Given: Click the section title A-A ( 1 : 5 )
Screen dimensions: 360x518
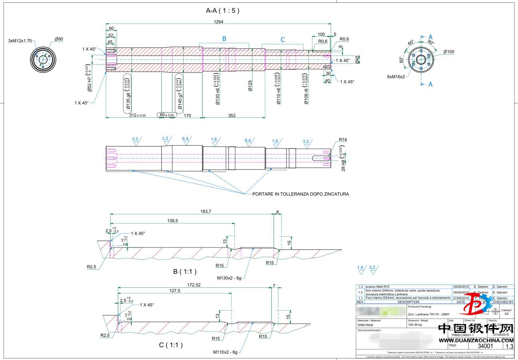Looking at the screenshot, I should pyautogui.click(x=222, y=11).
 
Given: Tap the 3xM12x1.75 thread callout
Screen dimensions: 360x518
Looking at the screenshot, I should pyautogui.click(x=20, y=41).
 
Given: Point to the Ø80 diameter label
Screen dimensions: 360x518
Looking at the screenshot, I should pyautogui.click(x=59, y=39).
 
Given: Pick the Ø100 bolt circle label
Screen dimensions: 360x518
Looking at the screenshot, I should pyautogui.click(x=449, y=52).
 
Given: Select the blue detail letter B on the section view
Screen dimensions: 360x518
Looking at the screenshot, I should pyautogui.click(x=224, y=39).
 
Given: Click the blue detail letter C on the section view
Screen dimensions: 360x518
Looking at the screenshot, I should pyautogui.click(x=283, y=40).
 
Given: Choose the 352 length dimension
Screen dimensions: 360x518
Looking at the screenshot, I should pyautogui.click(x=232, y=116).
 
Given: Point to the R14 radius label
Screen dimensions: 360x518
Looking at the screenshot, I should pyautogui.click(x=343, y=140).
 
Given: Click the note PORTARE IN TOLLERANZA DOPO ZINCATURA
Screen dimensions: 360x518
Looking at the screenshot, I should pyautogui.click(x=300, y=194).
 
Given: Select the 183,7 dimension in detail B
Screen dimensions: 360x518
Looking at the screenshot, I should pyautogui.click(x=205, y=211).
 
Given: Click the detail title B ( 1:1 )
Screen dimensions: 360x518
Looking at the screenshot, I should pyautogui.click(x=185, y=272).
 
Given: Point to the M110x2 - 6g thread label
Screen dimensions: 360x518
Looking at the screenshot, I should pyautogui.click(x=225, y=352).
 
